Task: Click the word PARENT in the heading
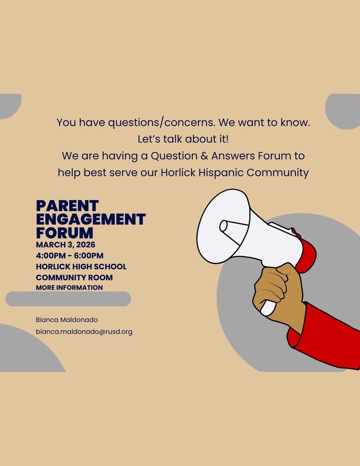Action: [67, 206]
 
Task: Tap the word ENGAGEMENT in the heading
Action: [91, 219]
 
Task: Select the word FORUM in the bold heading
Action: [64, 233]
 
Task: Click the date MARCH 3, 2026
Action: [66, 245]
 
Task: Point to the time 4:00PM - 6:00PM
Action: [70, 256]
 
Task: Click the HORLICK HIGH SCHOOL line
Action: [81, 267]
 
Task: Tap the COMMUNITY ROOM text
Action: [74, 278]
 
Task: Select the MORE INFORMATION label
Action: [69, 288]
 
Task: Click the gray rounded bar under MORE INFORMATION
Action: [68, 299]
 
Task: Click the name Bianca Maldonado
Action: [66, 320]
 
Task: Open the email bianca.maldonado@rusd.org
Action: [84, 332]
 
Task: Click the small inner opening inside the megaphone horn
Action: [223, 226]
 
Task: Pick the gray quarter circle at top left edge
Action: [9, 105]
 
